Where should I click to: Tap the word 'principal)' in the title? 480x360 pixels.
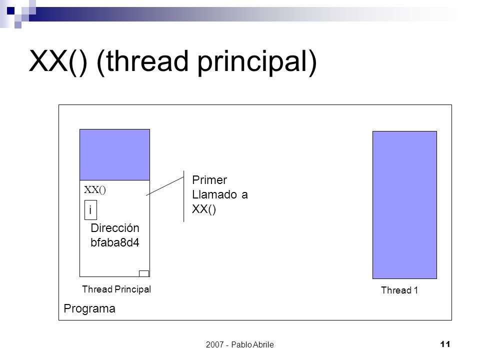pyautogui.click(x=257, y=63)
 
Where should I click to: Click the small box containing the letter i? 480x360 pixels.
pyautogui.click(x=90, y=210)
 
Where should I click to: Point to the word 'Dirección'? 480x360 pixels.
pyautogui.click(x=115, y=228)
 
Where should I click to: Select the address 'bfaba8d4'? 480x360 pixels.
pyautogui.click(x=115, y=242)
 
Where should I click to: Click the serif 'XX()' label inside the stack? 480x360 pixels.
pyautogui.click(x=95, y=190)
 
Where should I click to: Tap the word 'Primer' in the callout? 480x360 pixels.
pyautogui.click(x=209, y=180)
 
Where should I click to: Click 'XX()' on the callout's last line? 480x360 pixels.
pyautogui.click(x=204, y=209)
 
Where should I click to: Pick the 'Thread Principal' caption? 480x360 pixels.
pyautogui.click(x=116, y=289)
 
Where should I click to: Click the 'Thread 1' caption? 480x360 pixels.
pyautogui.click(x=399, y=290)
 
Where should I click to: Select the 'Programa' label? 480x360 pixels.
pyautogui.click(x=89, y=308)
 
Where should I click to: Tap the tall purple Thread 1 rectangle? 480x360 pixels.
pyautogui.click(x=404, y=205)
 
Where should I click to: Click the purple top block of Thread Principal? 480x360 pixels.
pyautogui.click(x=115, y=154)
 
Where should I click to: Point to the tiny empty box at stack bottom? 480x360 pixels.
pyautogui.click(x=144, y=273)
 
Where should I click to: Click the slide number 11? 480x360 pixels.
pyautogui.click(x=445, y=344)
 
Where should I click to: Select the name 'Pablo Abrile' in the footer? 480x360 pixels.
pyautogui.click(x=252, y=344)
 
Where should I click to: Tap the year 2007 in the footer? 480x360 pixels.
pyautogui.click(x=215, y=344)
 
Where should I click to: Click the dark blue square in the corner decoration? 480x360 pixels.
pyautogui.click(x=10, y=11)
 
